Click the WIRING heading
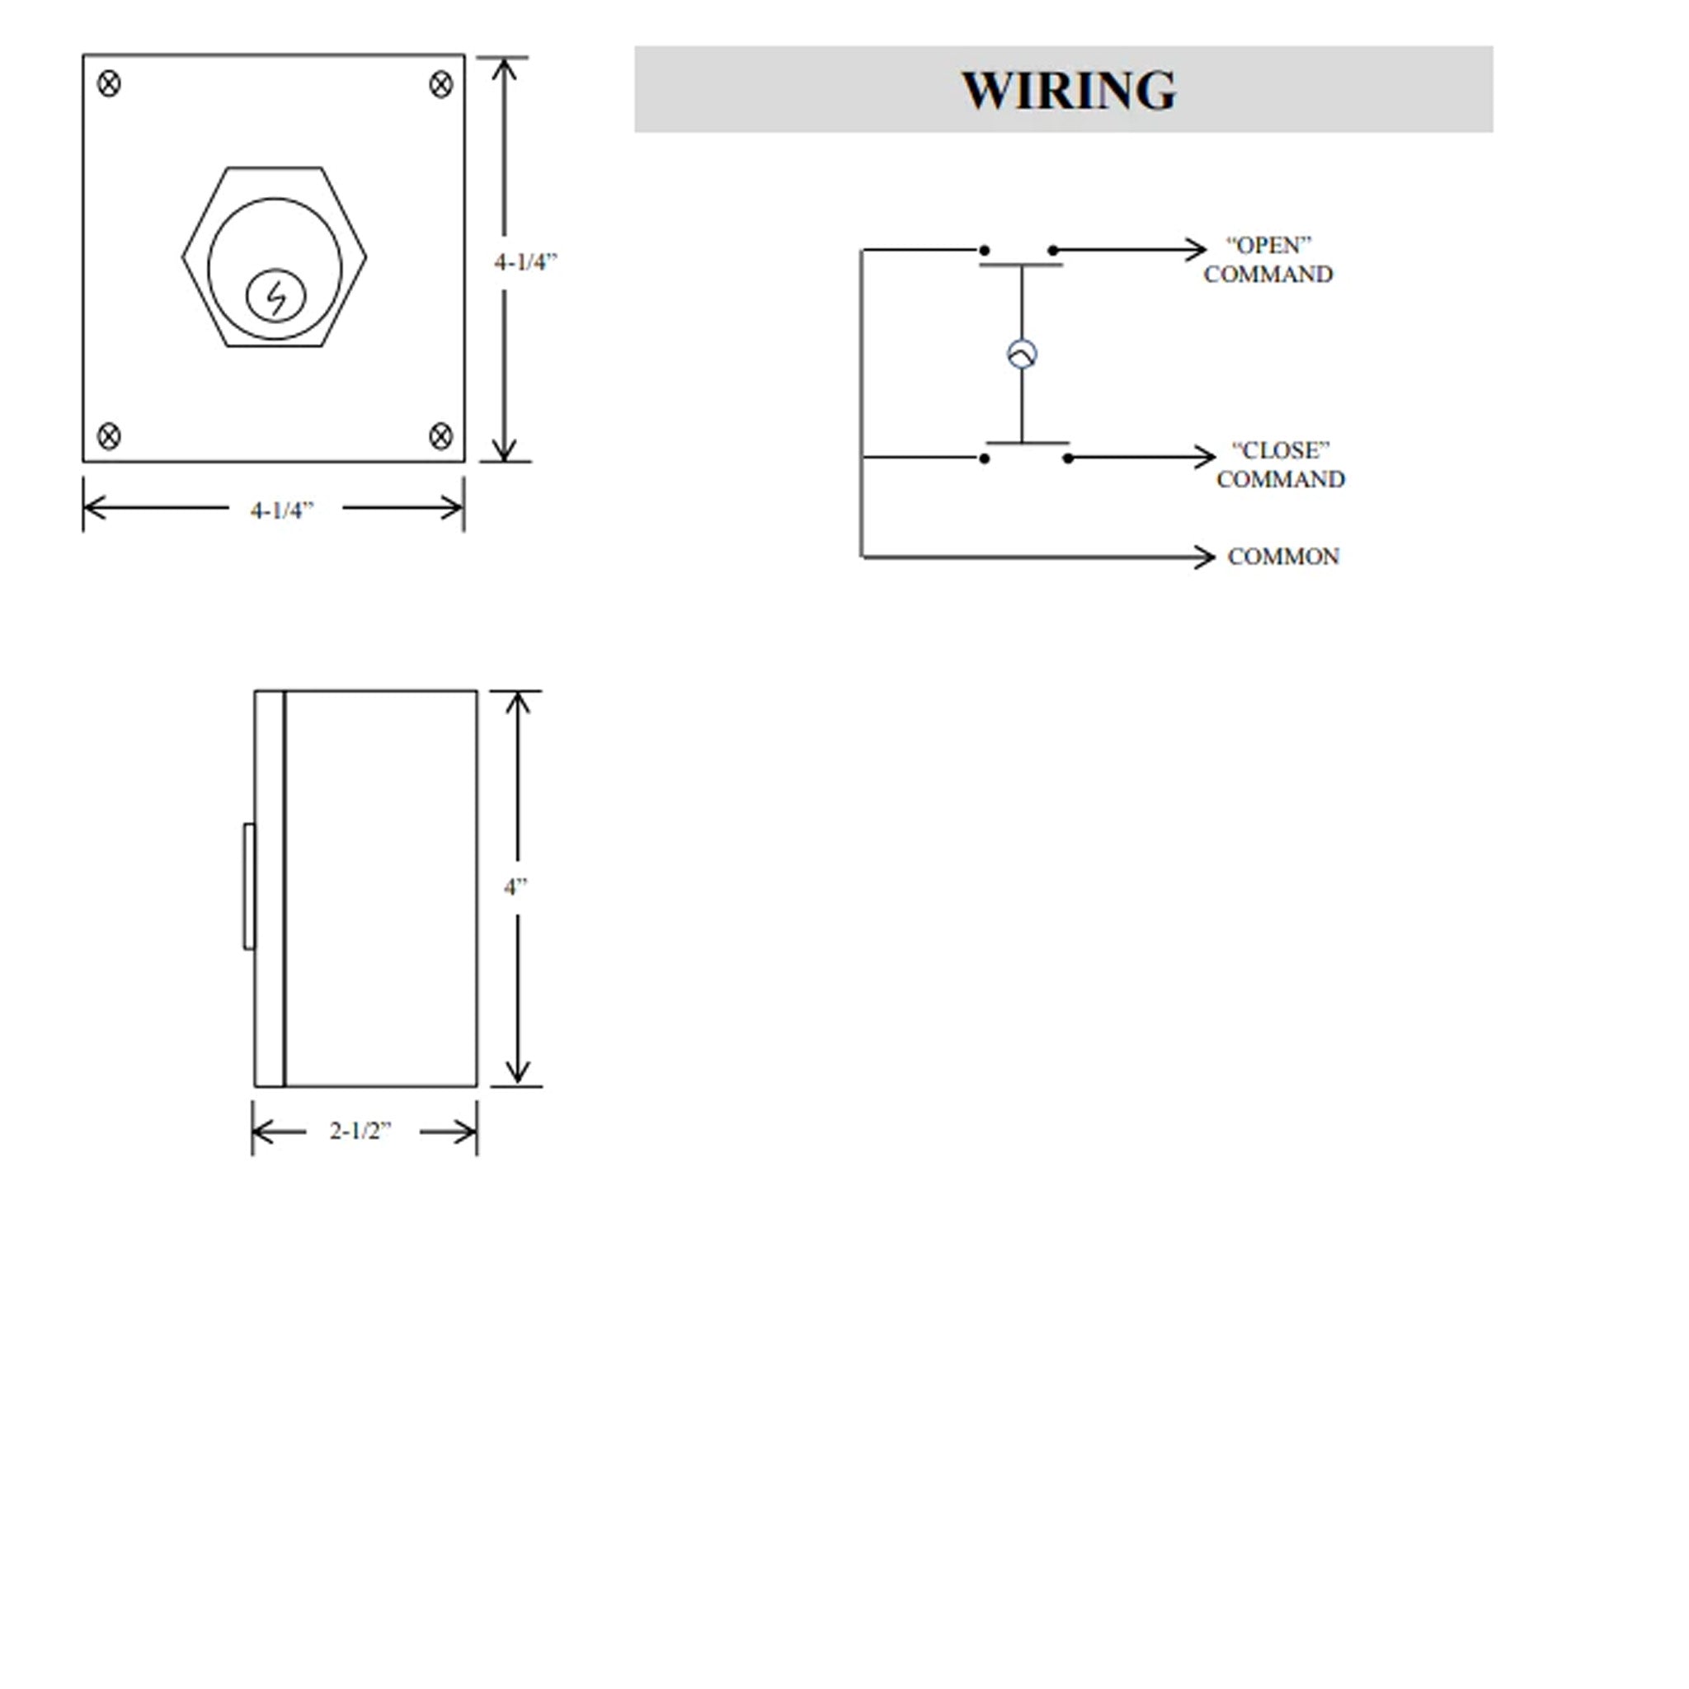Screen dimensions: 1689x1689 tap(1068, 90)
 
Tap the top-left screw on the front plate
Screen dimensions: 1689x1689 tap(108, 84)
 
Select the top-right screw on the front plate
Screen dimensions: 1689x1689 tap(440, 85)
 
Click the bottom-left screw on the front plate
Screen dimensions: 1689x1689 tap(108, 435)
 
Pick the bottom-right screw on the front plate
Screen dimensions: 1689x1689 tap(440, 435)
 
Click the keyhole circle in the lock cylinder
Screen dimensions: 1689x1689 tap(276, 296)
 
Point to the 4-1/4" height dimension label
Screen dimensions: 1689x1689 tap(525, 261)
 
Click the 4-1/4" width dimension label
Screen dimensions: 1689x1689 tap(281, 510)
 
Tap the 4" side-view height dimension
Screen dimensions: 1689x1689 tap(515, 887)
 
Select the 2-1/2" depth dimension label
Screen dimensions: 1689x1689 tap(360, 1131)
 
